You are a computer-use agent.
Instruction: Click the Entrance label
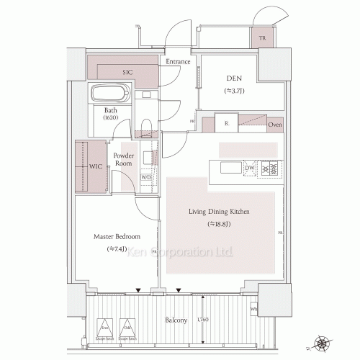(178, 62)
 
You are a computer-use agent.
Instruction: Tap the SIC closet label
(127, 73)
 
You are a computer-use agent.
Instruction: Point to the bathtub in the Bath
(109, 94)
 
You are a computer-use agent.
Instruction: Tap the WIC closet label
(96, 166)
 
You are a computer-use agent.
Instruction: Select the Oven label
(275, 125)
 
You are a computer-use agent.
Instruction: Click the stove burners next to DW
(271, 168)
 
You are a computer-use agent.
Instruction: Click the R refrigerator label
(226, 124)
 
